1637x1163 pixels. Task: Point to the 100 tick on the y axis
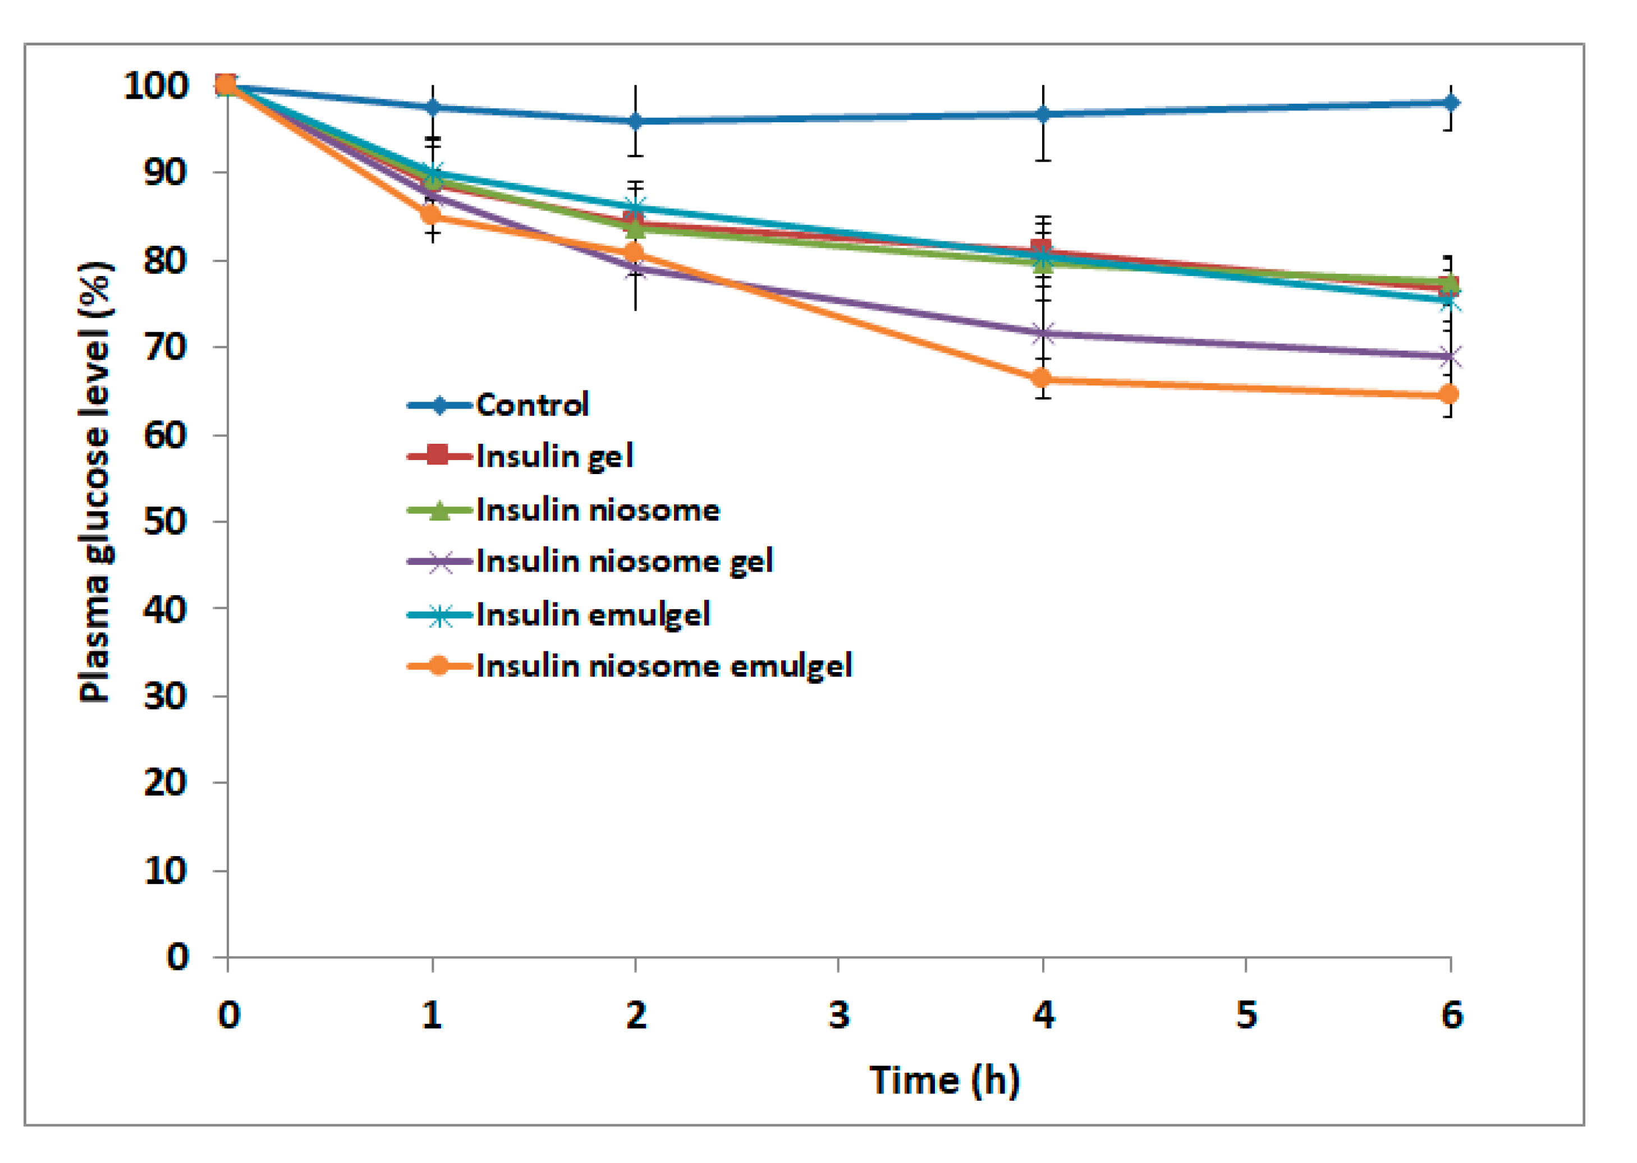(156, 86)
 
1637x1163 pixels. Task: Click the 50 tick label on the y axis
(166, 522)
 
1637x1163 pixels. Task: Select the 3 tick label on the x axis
(839, 1015)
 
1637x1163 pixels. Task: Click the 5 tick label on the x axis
(1246, 1015)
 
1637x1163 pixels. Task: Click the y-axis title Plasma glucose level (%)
(95, 482)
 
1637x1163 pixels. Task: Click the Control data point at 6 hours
(1451, 103)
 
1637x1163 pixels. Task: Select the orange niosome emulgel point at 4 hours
(1042, 378)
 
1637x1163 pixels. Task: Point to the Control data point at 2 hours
(635, 122)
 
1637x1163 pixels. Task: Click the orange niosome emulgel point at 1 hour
(432, 214)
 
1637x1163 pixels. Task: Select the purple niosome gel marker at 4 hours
(1043, 334)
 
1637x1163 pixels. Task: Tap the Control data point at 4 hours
(1043, 114)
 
